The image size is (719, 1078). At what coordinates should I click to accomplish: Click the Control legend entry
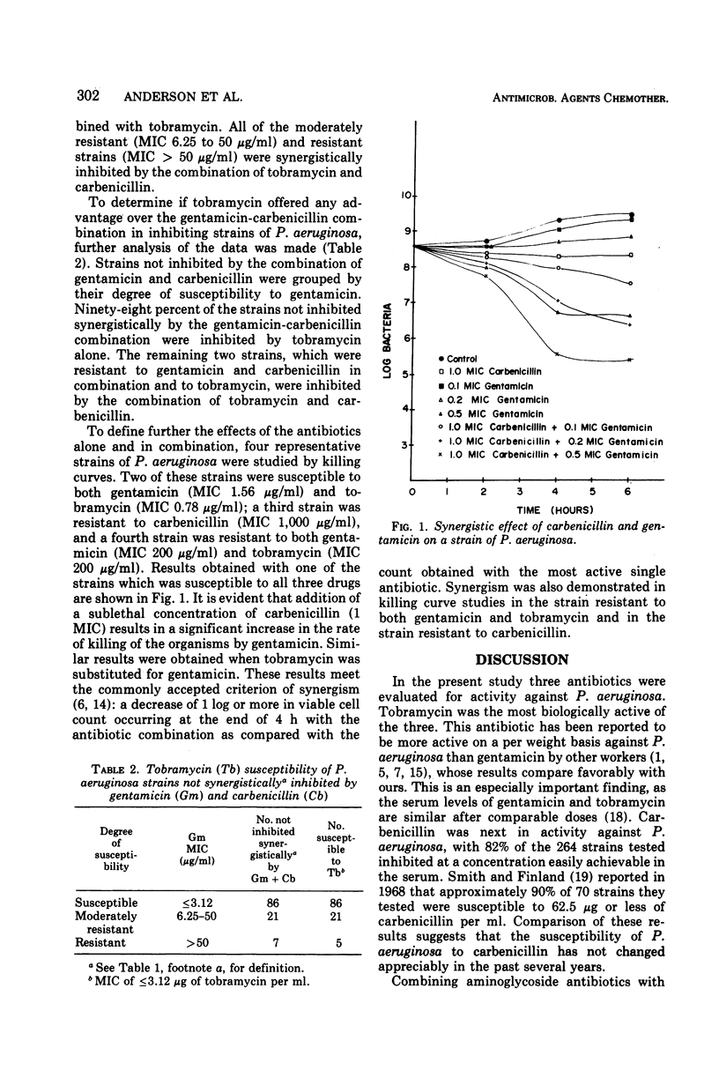click(x=463, y=359)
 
